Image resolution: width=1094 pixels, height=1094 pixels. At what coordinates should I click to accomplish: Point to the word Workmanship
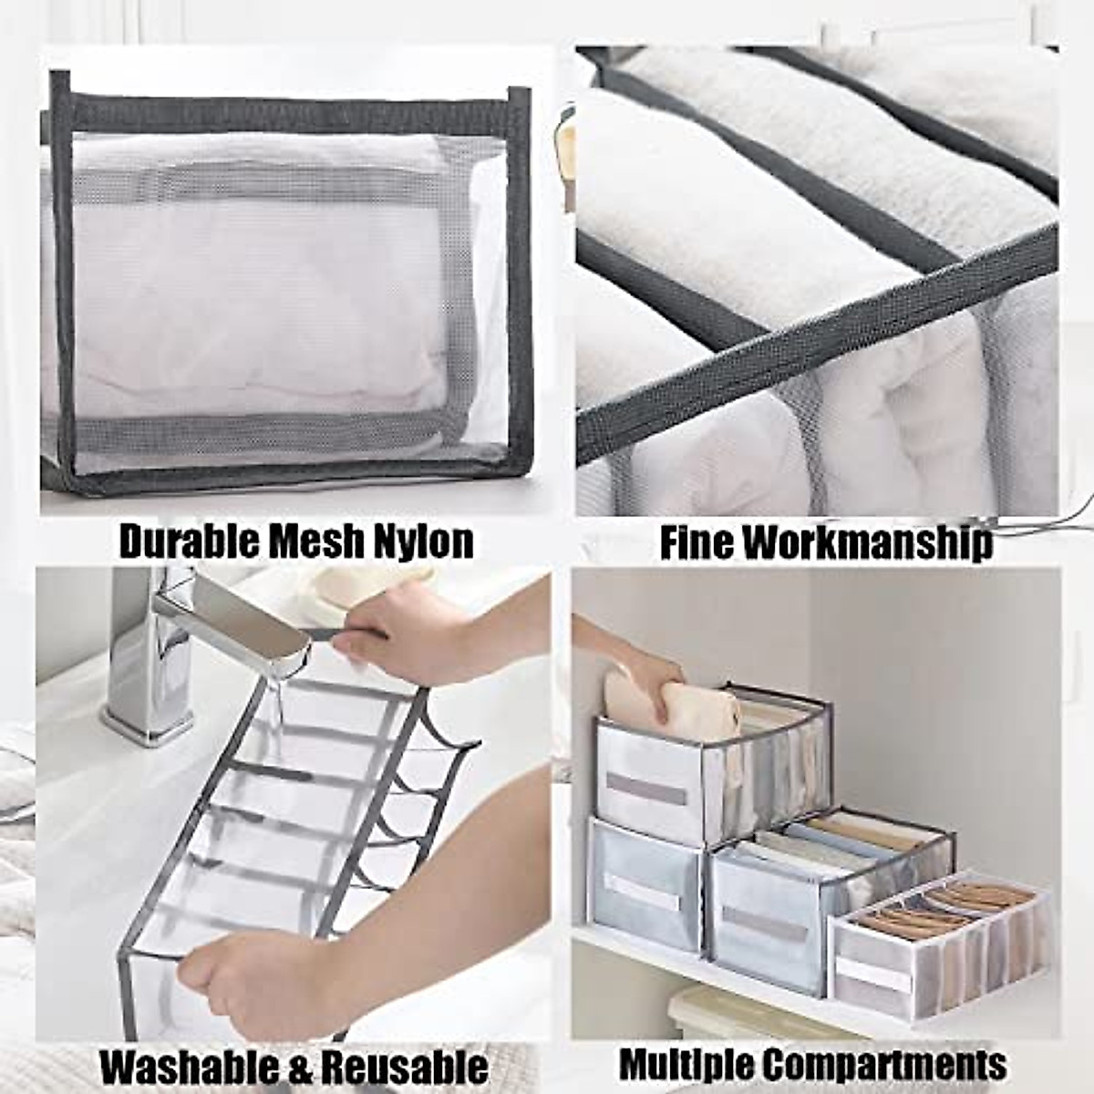click(866, 542)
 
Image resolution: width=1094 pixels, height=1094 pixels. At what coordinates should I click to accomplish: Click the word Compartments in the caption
click(884, 1064)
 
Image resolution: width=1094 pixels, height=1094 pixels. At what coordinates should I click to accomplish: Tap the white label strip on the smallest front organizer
click(873, 975)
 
